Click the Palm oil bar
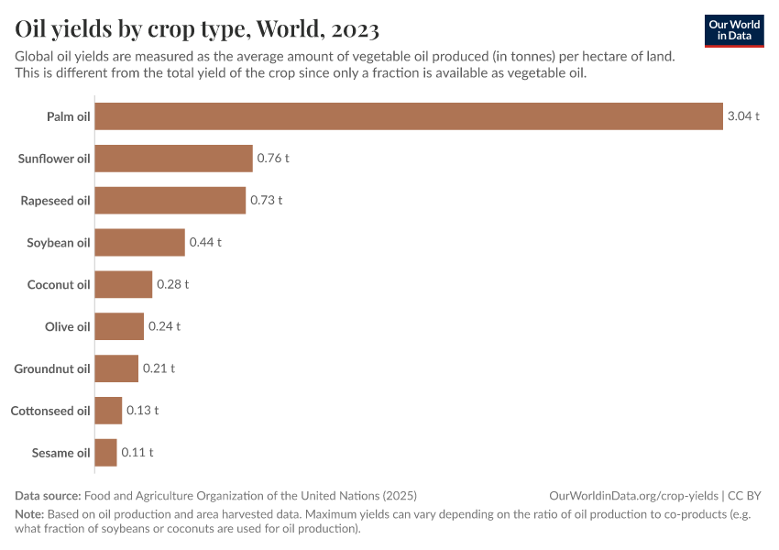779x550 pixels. tap(409, 116)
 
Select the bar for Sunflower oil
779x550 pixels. tap(173, 159)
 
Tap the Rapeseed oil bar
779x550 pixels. tap(170, 200)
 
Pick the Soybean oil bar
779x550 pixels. tap(140, 242)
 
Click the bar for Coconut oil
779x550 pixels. tap(124, 284)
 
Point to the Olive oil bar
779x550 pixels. tap(119, 326)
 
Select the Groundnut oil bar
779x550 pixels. tap(116, 368)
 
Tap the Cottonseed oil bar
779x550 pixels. tap(108, 411)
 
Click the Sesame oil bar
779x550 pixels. tap(106, 452)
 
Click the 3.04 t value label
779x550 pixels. tap(743, 116)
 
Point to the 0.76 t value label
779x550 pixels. tap(273, 159)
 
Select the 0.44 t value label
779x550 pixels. tap(205, 242)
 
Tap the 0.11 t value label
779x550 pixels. tap(137, 452)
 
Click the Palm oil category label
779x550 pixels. tap(69, 116)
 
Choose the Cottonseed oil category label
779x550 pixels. tap(50, 411)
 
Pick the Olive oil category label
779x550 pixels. tap(68, 326)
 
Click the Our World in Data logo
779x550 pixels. tap(734, 30)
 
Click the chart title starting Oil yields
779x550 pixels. tap(197, 29)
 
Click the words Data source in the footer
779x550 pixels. tap(48, 495)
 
